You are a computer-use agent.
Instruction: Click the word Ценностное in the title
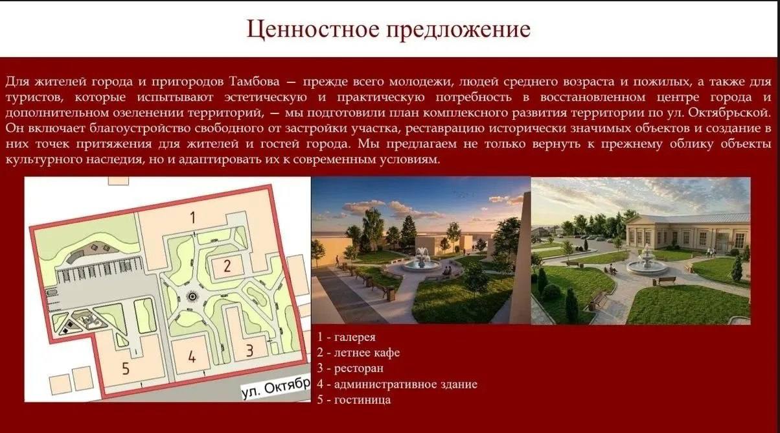(x=313, y=29)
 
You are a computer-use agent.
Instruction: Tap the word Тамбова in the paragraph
(x=255, y=82)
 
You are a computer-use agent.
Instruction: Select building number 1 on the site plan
(x=193, y=217)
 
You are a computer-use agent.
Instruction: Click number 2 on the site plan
(x=227, y=266)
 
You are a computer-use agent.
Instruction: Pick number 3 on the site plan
(x=249, y=351)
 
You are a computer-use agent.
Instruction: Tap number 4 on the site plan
(x=192, y=357)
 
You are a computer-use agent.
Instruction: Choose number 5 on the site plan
(x=126, y=368)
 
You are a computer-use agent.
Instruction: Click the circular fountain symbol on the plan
(x=192, y=297)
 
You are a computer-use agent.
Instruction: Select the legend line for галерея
(x=346, y=337)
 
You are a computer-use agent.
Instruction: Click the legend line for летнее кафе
(x=358, y=353)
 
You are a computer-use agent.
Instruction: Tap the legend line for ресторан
(x=350, y=369)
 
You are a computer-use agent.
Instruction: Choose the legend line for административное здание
(x=397, y=384)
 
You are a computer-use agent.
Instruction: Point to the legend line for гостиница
(x=354, y=400)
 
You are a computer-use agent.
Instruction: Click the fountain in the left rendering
(x=422, y=261)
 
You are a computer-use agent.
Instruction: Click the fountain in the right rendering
(x=647, y=261)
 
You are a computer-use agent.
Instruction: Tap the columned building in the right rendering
(x=688, y=231)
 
